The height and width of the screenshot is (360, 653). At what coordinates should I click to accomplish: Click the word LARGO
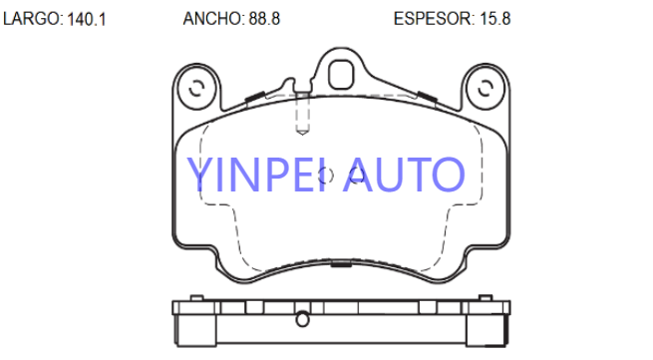pyautogui.click(x=32, y=19)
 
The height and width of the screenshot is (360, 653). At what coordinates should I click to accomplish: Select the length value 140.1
pyautogui.click(x=86, y=19)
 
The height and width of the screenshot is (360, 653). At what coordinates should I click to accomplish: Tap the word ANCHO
pyautogui.click(x=211, y=19)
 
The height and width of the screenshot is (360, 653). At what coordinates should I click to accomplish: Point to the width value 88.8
pyautogui.click(x=264, y=19)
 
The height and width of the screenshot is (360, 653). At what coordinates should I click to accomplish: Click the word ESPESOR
pyautogui.click(x=433, y=19)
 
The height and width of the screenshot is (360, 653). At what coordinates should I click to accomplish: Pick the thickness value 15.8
pyautogui.click(x=495, y=19)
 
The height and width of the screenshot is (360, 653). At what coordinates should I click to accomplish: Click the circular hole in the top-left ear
pyautogui.click(x=196, y=89)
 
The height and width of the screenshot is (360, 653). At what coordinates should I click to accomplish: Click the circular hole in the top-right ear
pyautogui.click(x=486, y=89)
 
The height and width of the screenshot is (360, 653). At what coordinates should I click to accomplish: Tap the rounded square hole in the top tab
pyautogui.click(x=341, y=75)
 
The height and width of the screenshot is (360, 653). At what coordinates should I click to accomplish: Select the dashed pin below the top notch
pyautogui.click(x=302, y=114)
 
